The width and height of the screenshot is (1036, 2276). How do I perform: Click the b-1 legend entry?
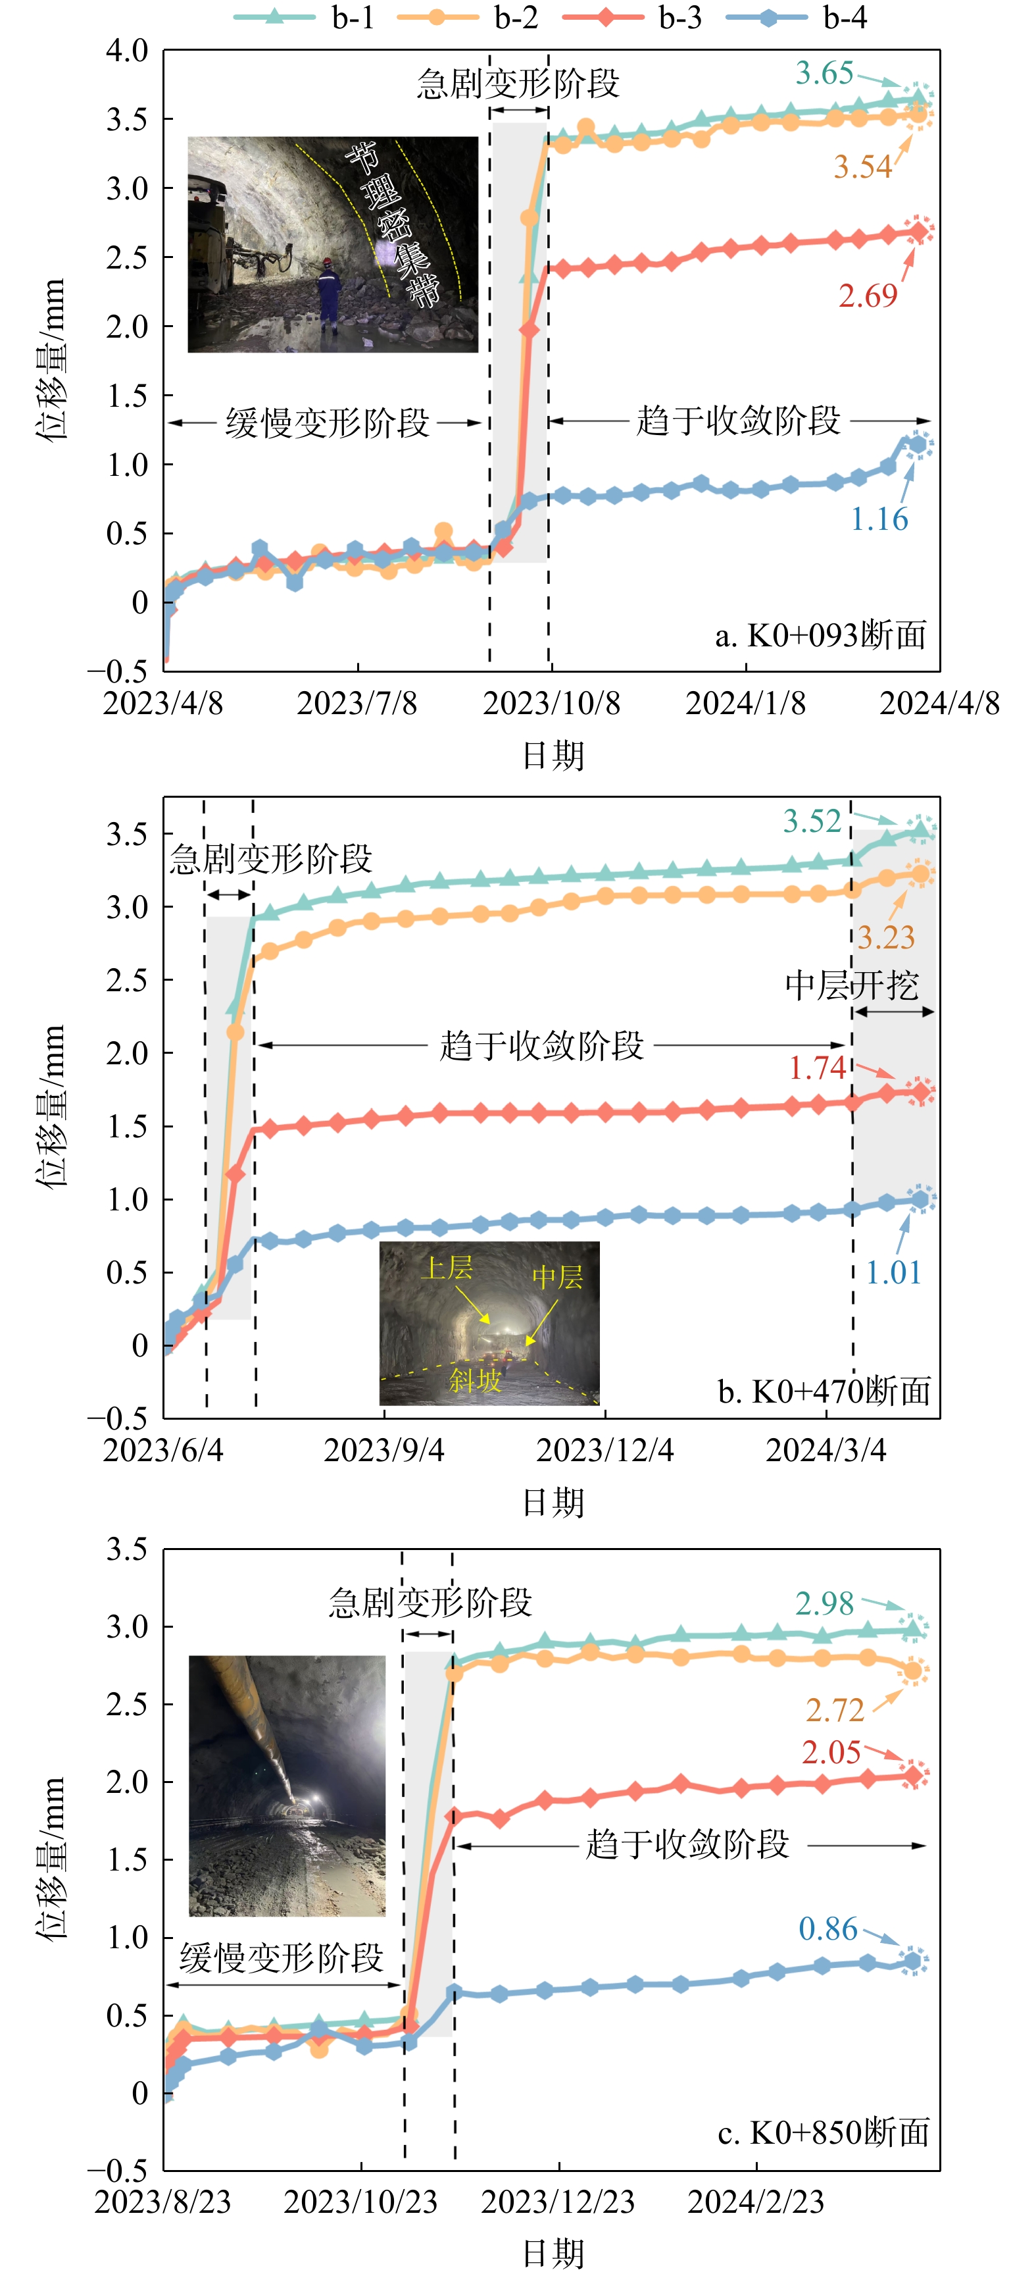coord(305,17)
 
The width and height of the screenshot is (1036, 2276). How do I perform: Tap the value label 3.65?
coord(824,72)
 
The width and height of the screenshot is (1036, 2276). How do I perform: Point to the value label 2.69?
coord(868,295)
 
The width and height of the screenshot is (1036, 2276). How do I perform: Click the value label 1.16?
coord(879,519)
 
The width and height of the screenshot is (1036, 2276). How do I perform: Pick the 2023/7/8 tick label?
coord(357,704)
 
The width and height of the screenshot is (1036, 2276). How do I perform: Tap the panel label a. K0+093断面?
coord(820,634)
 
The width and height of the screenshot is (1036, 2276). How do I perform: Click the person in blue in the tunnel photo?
coord(328,294)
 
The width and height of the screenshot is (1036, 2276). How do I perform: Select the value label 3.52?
coord(812,821)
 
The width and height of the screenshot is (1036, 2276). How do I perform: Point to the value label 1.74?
coord(817,1068)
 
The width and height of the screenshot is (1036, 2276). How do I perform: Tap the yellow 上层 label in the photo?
coord(449,1268)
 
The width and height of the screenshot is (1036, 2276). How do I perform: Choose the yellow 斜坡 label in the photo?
coord(475,1380)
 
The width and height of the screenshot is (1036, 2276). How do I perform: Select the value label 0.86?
coord(827,1928)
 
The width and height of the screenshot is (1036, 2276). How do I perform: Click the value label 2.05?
coord(831,1752)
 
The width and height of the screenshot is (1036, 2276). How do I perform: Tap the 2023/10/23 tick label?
coord(360,2201)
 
